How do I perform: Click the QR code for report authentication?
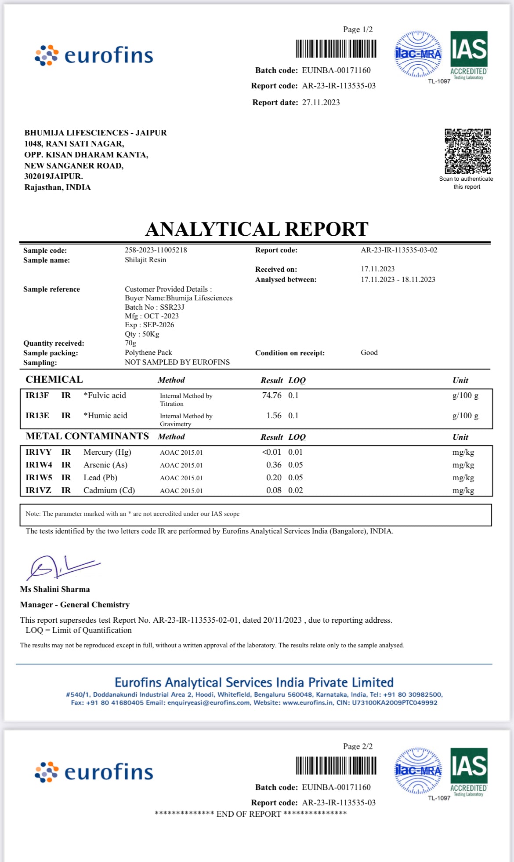click(x=467, y=151)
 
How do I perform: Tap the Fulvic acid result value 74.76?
click(x=271, y=395)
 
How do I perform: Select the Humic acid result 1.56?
click(x=274, y=416)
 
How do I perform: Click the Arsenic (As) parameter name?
click(x=105, y=465)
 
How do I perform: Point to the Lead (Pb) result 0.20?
click(x=274, y=478)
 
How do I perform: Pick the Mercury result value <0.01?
click(x=271, y=452)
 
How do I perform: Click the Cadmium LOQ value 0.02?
click(x=296, y=490)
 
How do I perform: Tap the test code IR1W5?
click(x=39, y=478)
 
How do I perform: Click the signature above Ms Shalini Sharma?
click(x=62, y=567)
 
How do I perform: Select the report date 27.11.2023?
click(x=321, y=102)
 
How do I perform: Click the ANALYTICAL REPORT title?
click(x=257, y=229)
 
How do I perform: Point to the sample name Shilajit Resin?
click(x=145, y=260)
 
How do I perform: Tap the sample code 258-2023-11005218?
click(x=156, y=250)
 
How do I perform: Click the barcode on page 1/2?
click(x=336, y=49)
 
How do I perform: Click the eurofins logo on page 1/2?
click(x=94, y=55)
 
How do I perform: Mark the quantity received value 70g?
click(x=130, y=343)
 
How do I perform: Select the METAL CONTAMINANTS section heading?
click(x=87, y=436)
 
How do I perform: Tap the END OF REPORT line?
click(x=250, y=814)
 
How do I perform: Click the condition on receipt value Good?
click(x=369, y=353)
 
